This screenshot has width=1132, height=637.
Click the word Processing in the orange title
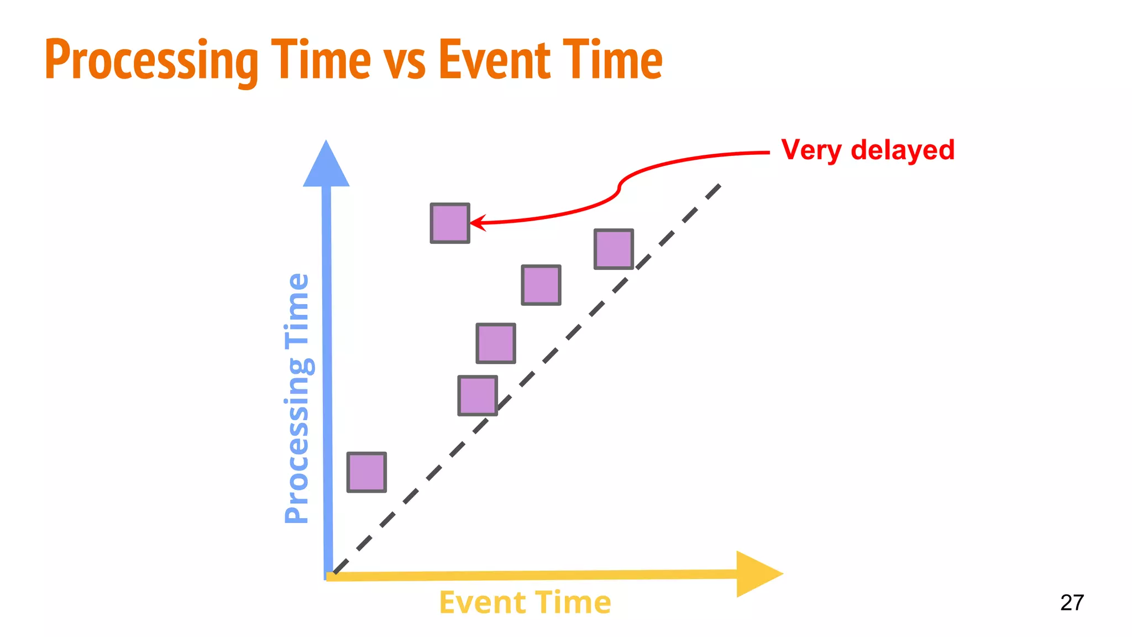(x=151, y=61)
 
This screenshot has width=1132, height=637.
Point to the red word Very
(x=811, y=150)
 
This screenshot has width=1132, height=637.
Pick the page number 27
(x=1072, y=603)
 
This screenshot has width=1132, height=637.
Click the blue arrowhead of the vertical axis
(x=326, y=166)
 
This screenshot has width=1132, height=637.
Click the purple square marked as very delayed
(x=450, y=223)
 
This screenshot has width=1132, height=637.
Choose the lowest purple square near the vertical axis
(x=366, y=472)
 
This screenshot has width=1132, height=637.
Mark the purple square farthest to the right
(x=614, y=249)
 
